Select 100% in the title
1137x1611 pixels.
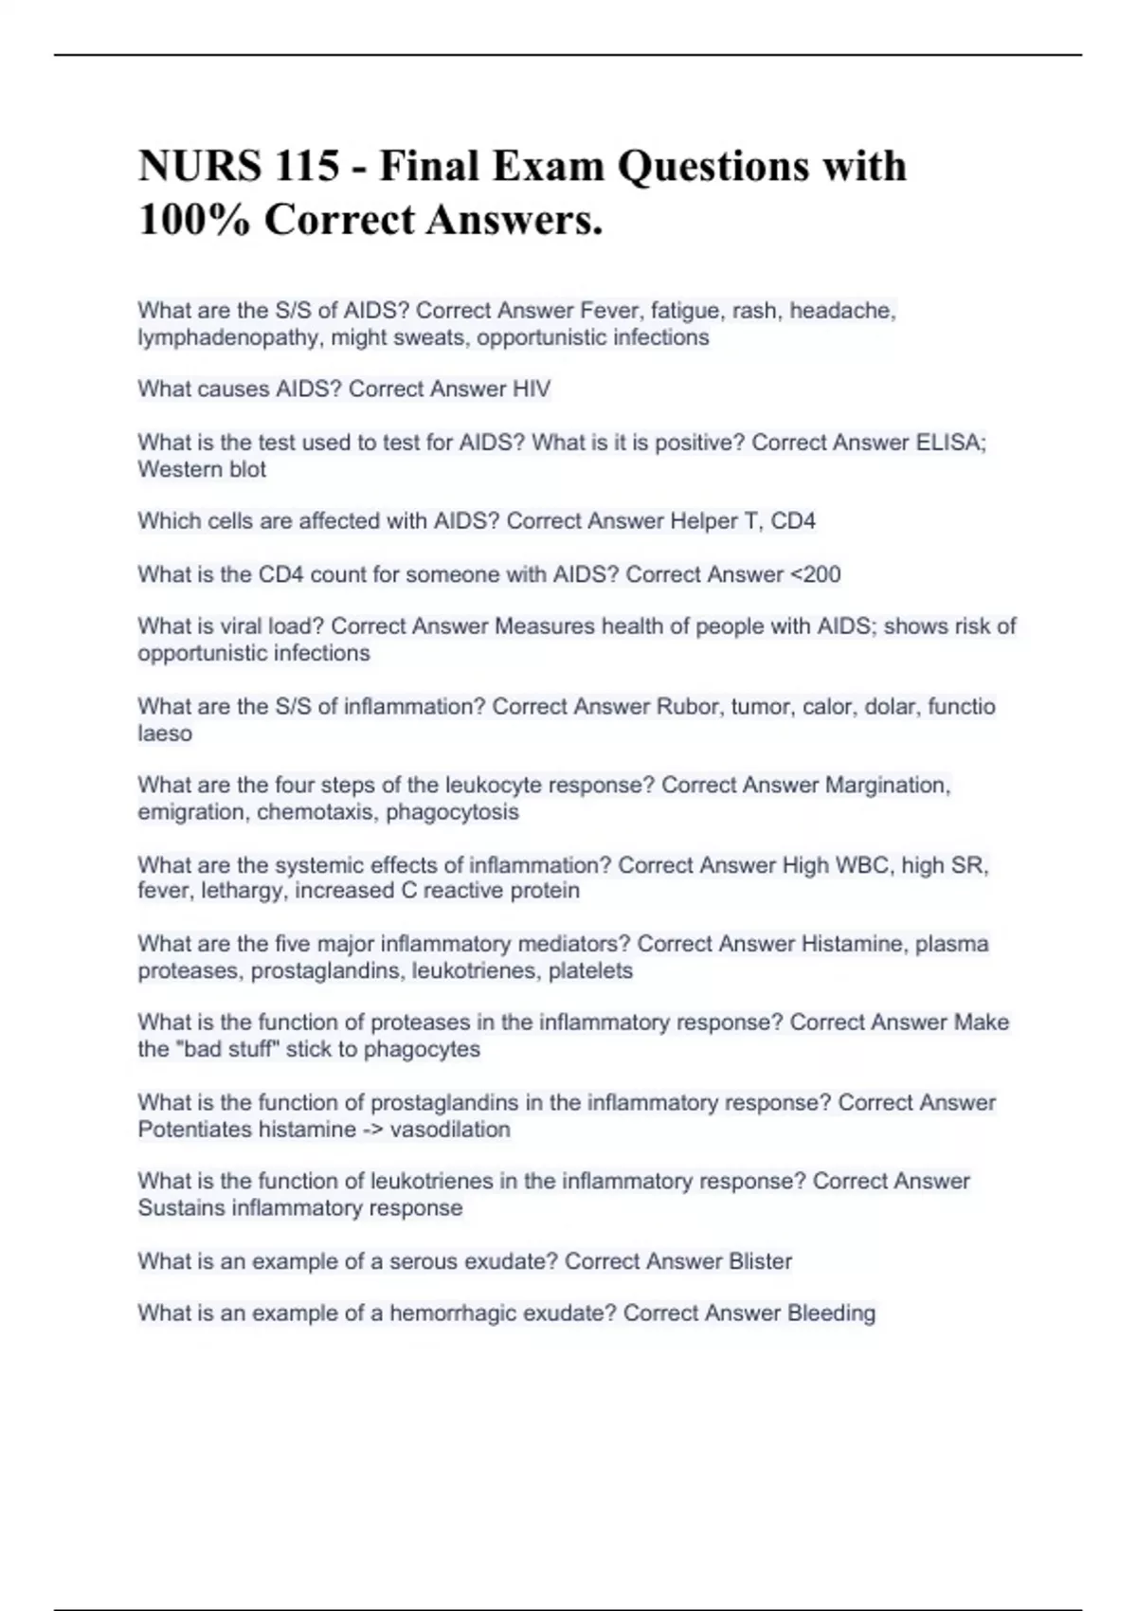point(193,221)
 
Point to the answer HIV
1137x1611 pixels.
point(532,389)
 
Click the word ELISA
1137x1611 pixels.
point(950,443)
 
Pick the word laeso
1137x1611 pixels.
point(165,733)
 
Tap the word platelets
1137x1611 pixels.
point(590,970)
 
